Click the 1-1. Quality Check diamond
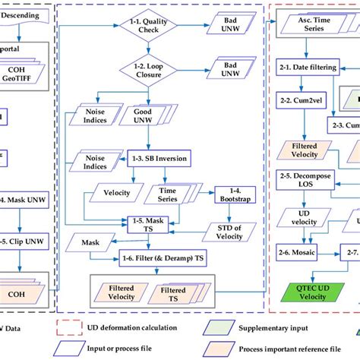tap(152, 29)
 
